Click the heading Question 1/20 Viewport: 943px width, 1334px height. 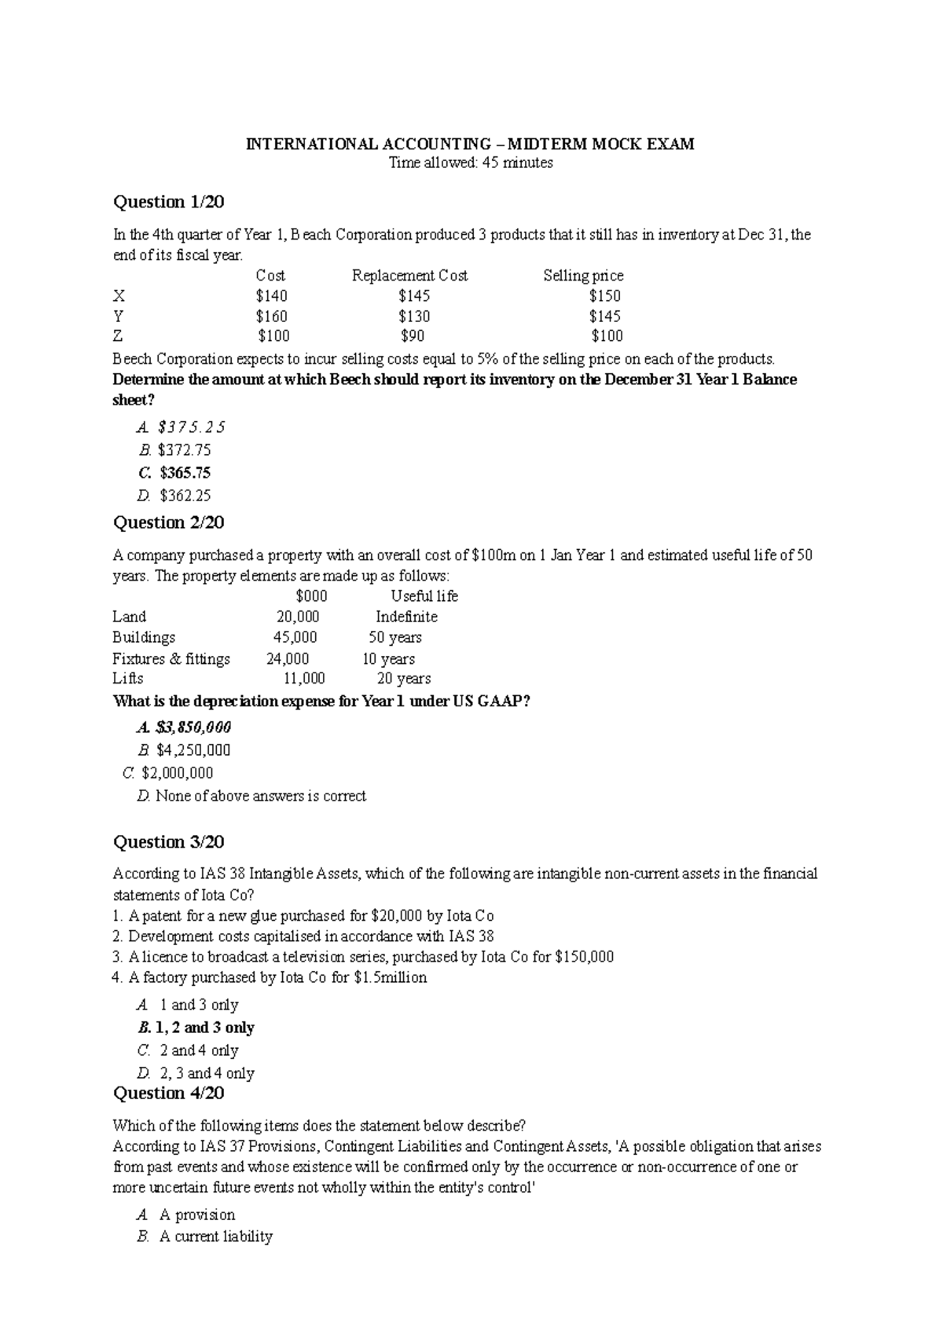(169, 202)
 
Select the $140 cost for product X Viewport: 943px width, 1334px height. (271, 296)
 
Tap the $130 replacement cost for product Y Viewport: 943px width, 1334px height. (414, 317)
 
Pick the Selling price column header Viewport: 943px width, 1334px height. (583, 276)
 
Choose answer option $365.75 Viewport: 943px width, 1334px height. (185, 473)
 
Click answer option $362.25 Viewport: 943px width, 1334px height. (185, 496)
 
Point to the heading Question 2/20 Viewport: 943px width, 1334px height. (169, 522)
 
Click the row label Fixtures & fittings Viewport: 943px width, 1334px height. (171, 658)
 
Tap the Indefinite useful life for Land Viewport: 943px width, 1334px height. (406, 617)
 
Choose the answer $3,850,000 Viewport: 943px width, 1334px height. (193, 727)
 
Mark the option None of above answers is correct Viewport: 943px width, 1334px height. (260, 796)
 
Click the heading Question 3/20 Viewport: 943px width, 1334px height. (169, 842)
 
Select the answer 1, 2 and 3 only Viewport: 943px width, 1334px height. (204, 1028)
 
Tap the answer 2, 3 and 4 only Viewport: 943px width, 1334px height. (207, 1073)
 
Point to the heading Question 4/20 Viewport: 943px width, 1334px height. (169, 1093)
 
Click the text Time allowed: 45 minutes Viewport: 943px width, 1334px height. (472, 163)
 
